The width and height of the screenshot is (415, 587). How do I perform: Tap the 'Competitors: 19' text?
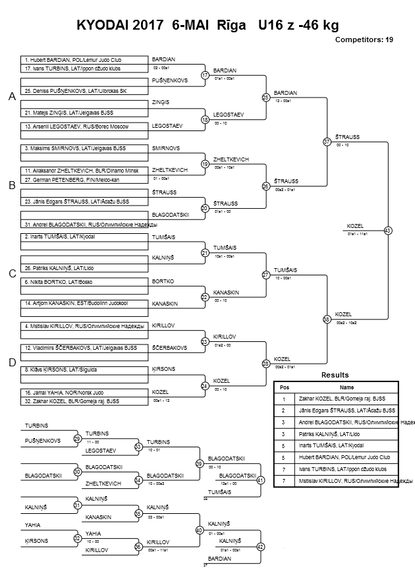coord(364,40)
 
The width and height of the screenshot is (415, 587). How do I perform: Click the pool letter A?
coord(11,97)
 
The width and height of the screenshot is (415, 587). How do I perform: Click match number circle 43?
coord(388,231)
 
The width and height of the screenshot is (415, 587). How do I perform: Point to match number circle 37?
coord(327,142)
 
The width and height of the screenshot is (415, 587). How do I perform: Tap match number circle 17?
coord(205,75)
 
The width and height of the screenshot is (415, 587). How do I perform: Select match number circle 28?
coord(266,364)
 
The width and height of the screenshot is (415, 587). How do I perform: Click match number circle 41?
coord(260,480)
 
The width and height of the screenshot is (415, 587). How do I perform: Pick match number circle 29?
coord(77,439)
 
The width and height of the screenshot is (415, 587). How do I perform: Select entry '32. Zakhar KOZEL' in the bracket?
coord(72,401)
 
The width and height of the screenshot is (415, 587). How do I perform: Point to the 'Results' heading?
coord(335,375)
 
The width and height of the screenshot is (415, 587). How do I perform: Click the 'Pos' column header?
coord(285,387)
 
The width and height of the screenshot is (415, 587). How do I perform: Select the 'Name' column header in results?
coord(346,387)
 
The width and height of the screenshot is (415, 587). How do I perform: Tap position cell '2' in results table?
coord(284,410)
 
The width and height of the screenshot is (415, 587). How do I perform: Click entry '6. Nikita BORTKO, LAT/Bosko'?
coord(59,281)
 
